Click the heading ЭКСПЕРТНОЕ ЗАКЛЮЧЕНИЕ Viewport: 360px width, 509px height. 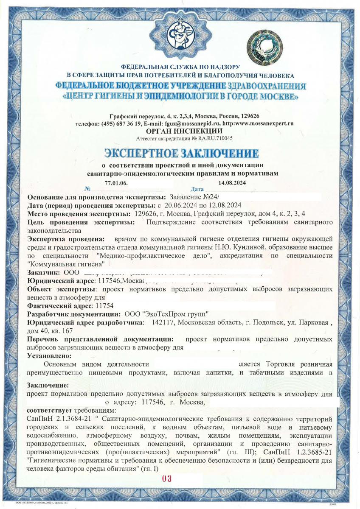(x=181, y=152)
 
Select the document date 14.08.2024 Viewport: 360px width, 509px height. (x=232, y=183)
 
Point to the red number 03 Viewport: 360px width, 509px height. (x=166, y=479)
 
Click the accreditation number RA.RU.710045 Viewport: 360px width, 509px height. (x=213, y=138)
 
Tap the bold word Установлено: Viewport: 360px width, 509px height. (x=49, y=355)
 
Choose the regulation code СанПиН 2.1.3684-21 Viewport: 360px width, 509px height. (x=54, y=419)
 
